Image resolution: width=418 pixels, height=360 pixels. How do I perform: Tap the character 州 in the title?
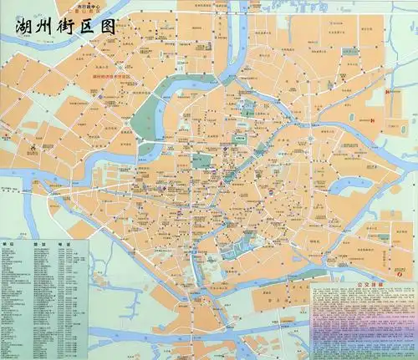[38, 28]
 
